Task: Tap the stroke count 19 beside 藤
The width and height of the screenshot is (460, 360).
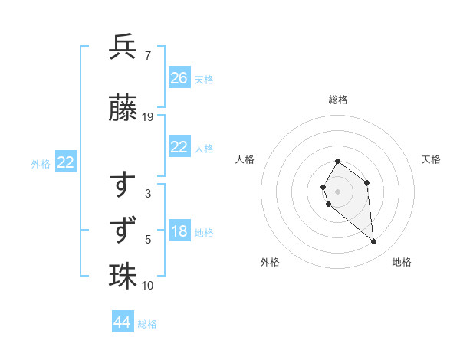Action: [148, 117]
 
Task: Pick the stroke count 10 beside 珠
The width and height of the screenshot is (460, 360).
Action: [148, 286]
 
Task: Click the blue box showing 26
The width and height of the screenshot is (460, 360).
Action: [179, 78]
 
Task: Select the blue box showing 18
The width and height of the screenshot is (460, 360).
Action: [179, 232]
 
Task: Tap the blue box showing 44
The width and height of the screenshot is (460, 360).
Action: [123, 322]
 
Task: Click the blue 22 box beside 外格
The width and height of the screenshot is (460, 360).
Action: [66, 162]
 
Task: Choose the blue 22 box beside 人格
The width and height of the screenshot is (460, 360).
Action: [179, 148]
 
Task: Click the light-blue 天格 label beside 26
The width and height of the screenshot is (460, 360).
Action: [204, 79]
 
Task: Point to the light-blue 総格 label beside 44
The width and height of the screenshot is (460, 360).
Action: [147, 324]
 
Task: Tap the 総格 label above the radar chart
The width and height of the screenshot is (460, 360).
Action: [338, 100]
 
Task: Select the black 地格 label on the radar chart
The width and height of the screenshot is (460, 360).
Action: [402, 262]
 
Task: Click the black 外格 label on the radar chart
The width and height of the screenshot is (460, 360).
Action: [270, 262]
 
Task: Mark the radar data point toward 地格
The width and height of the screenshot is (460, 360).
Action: [374, 242]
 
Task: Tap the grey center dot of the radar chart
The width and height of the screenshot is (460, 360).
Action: [338, 191]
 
